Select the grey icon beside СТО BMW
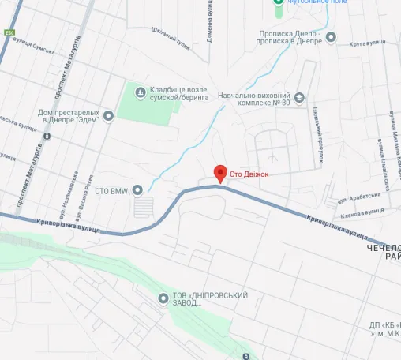pyautogui.click(x=137, y=189)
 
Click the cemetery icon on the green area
pyautogui.click(x=140, y=92)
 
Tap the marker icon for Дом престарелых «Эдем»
pyautogui.click(x=108, y=116)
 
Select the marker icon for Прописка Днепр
pyautogui.click(x=331, y=37)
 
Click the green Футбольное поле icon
pyautogui.click(x=277, y=3)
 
